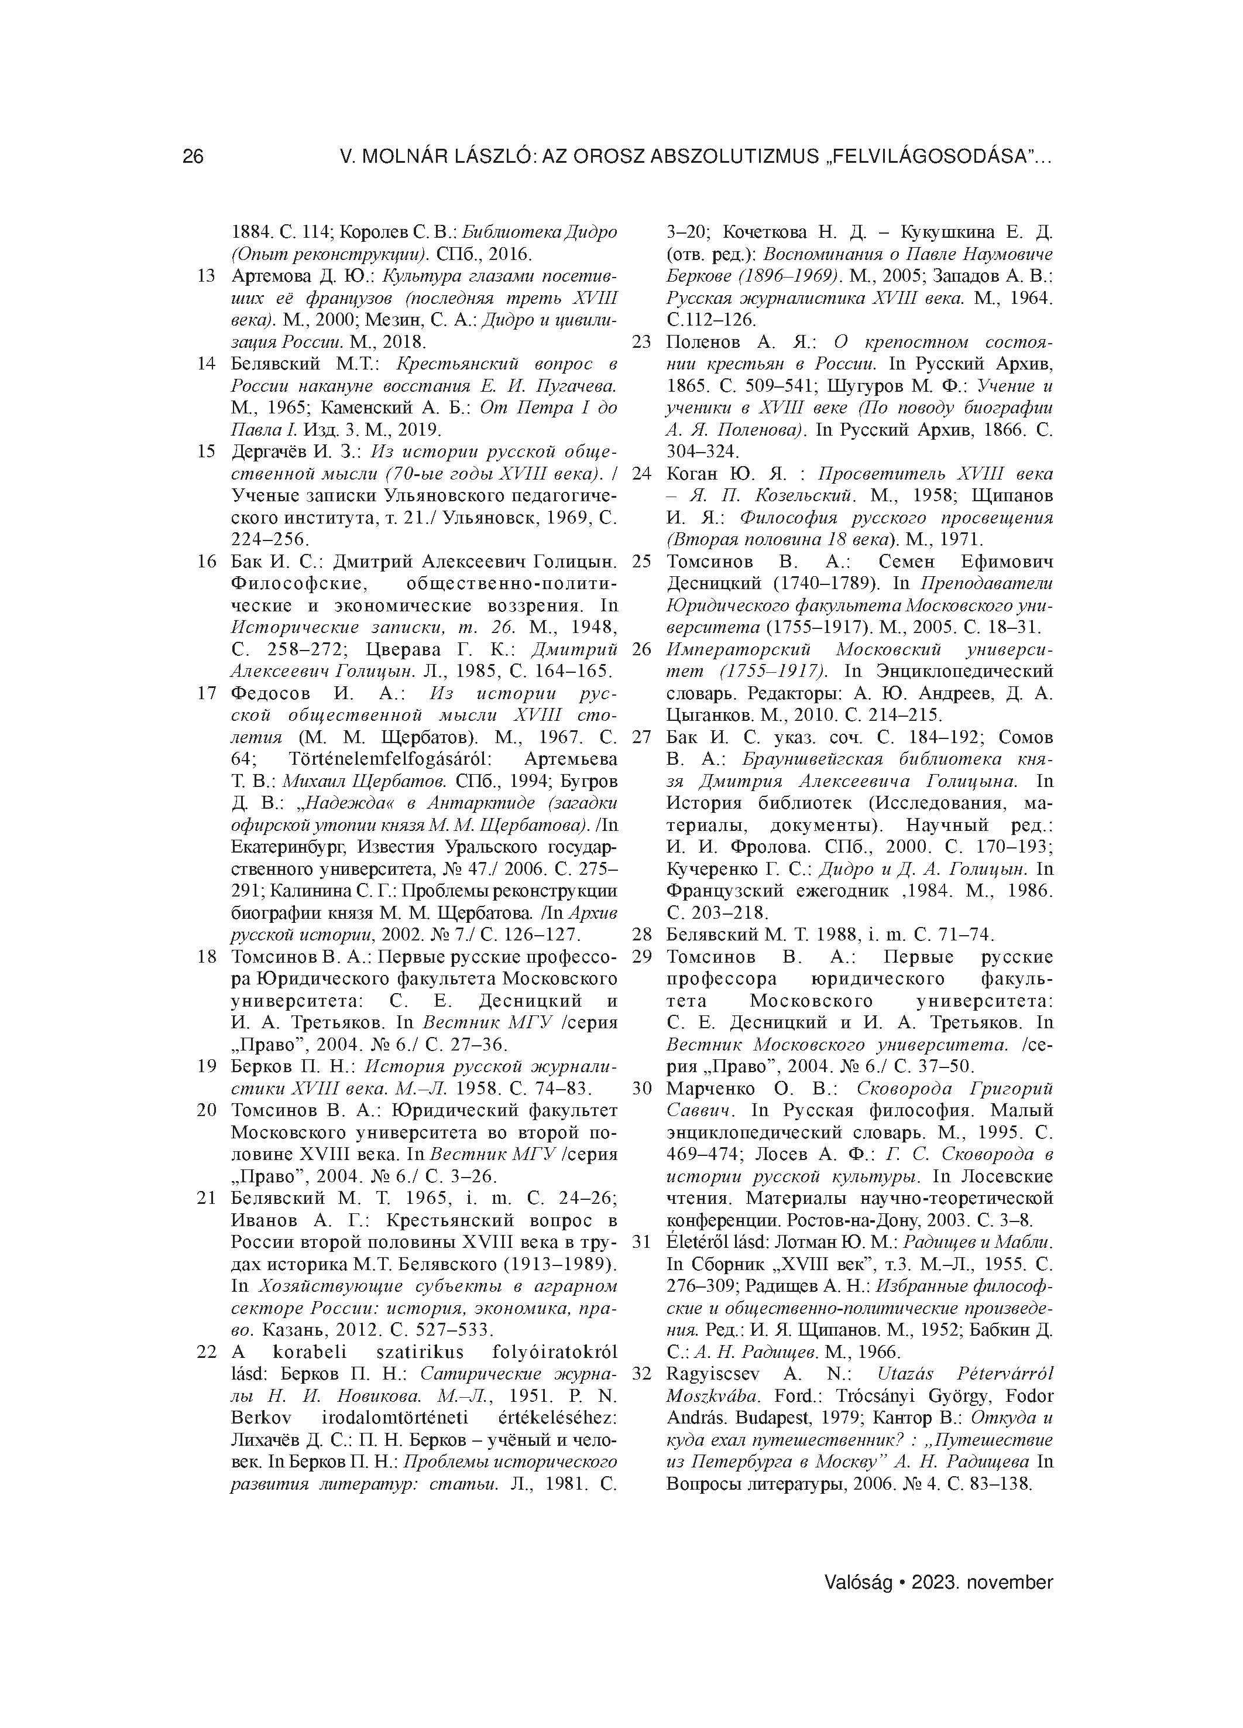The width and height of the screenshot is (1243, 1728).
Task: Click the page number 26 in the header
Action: pos(193,157)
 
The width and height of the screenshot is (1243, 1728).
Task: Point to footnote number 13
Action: pos(207,275)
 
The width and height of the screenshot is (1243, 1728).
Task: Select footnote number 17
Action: pos(207,693)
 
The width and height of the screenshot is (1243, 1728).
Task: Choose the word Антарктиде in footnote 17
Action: pos(472,803)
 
